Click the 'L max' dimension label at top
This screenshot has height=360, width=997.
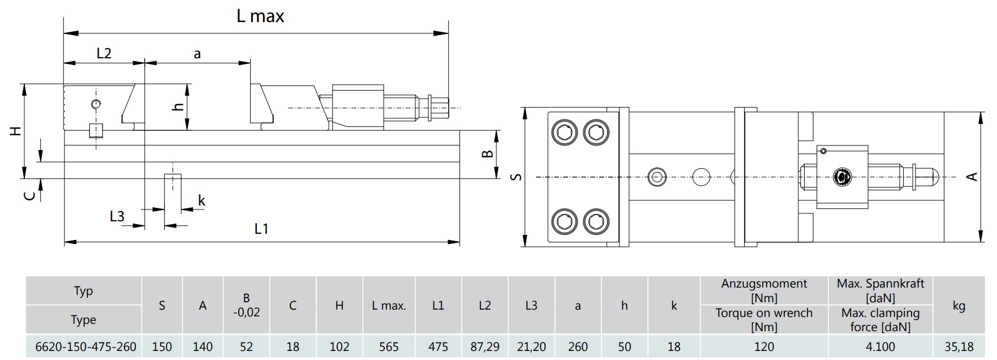[260, 16]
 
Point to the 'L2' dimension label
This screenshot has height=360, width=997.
[104, 53]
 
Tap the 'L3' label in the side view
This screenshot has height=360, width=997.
[117, 216]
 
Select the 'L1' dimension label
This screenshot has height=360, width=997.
[261, 229]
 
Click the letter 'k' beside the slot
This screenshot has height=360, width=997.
[201, 200]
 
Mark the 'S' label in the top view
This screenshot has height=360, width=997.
[516, 177]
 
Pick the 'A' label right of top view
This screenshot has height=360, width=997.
[972, 177]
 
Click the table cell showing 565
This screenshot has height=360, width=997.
[389, 346]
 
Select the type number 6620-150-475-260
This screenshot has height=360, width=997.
[86, 346]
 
